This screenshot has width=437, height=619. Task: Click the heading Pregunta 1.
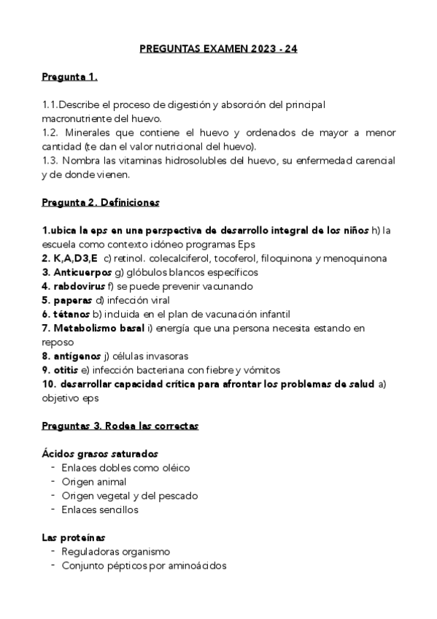(x=70, y=77)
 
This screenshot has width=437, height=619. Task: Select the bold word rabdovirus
(x=81, y=286)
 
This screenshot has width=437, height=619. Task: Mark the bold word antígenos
(x=77, y=355)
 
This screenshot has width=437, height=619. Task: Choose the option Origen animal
(x=94, y=482)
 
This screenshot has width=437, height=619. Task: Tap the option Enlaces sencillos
(x=100, y=510)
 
